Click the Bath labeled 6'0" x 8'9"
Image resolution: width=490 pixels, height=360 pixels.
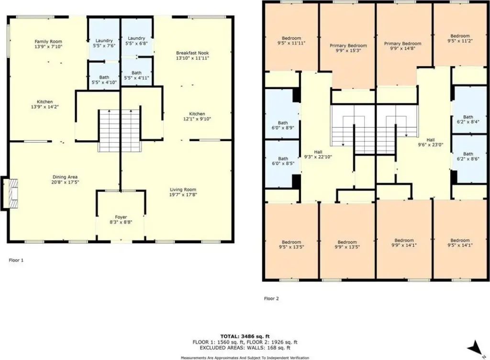pyautogui.click(x=283, y=125)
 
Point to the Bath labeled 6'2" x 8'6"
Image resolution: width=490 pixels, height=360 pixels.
pyautogui.click(x=468, y=156)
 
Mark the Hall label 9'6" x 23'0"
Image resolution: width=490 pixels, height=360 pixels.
pyautogui.click(x=431, y=143)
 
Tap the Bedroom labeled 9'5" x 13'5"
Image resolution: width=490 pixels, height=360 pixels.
pyautogui.click(x=291, y=244)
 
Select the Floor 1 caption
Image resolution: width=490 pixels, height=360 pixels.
pyautogui.click(x=16, y=260)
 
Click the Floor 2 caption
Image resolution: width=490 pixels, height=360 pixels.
pyautogui.click(x=271, y=298)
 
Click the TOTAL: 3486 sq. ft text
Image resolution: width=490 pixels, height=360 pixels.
pyautogui.click(x=245, y=337)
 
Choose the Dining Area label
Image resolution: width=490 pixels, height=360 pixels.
pyautogui.click(x=65, y=177)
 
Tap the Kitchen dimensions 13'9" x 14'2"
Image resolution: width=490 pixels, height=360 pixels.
pyautogui.click(x=45, y=107)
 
